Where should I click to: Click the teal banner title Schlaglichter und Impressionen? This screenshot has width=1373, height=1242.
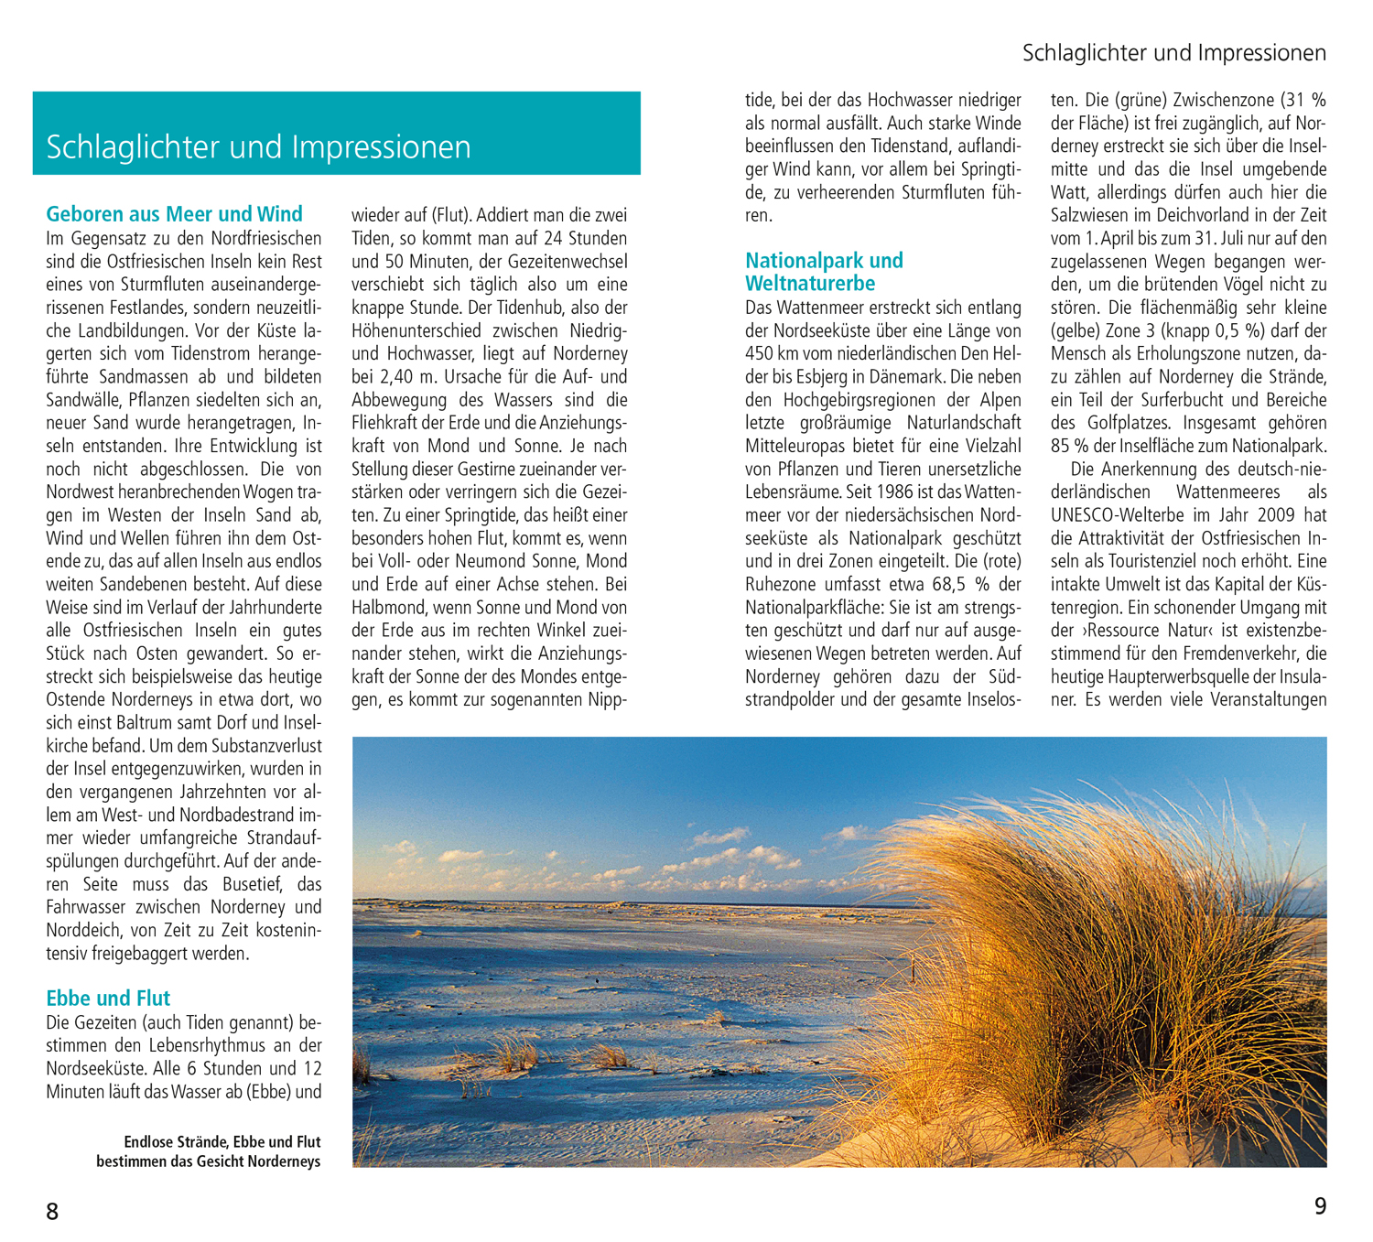[258, 146]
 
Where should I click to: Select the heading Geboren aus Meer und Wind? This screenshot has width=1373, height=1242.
[174, 214]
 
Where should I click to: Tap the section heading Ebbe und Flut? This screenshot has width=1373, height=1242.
[108, 998]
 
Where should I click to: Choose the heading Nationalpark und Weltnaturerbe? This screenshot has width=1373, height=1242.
[824, 272]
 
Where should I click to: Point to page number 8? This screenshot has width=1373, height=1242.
[52, 1212]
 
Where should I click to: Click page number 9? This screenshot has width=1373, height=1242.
[1320, 1206]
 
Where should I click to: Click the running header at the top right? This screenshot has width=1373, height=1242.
[1173, 53]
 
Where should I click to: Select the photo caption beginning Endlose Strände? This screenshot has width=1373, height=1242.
[209, 1151]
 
